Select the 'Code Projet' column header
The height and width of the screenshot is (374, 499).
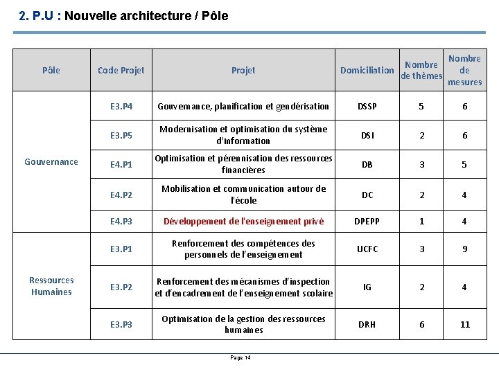[121, 70]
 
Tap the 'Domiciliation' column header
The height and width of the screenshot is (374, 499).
[367, 70]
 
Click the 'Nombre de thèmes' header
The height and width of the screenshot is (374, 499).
[421, 70]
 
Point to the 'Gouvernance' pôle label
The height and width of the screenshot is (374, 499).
[51, 161]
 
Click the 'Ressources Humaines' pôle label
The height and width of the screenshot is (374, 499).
[51, 285]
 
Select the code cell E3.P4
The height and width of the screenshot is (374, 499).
[121, 107]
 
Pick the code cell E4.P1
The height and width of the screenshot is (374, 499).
[121, 165]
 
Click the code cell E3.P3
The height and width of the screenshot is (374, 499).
[121, 324]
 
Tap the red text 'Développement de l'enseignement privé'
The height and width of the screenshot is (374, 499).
[243, 222]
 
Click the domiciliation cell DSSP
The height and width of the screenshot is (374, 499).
[367, 107]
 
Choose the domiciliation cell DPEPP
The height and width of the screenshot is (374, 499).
[367, 222]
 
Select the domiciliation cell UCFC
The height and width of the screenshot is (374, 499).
[367, 249]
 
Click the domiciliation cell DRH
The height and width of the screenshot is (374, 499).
[367, 324]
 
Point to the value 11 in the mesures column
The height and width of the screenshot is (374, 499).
[464, 324]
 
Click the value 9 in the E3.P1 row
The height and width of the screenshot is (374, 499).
[464, 249]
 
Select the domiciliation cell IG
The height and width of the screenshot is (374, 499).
[367, 287]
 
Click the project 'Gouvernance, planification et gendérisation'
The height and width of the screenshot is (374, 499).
[243, 107]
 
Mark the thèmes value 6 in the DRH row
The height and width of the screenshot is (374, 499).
[421, 324]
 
